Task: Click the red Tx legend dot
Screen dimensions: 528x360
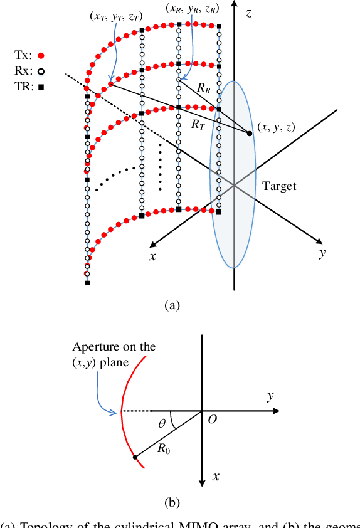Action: pos(41,55)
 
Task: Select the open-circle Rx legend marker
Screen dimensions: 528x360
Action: pos(41,71)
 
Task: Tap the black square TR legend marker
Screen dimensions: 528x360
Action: pos(41,87)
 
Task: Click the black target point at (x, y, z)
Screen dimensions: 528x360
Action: pos(249,133)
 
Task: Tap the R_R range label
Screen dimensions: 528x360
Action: pos(203,90)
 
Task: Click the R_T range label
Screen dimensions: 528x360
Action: pos(198,124)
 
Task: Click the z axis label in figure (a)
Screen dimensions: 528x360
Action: pos(248,13)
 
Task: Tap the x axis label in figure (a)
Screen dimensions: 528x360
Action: pos(152,257)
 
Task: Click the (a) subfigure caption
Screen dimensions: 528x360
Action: pos(171,305)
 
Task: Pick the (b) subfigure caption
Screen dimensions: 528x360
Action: pos(171,502)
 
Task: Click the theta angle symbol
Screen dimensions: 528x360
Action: pos(163,425)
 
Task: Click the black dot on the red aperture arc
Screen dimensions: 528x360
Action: pos(135,457)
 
